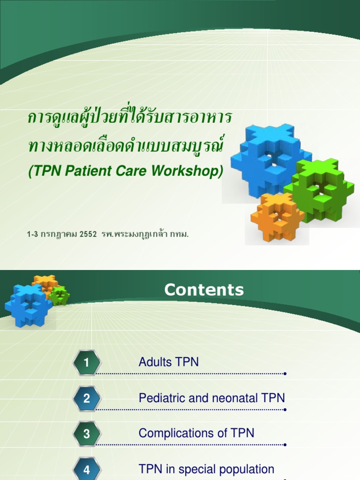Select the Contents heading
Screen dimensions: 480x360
tap(204, 290)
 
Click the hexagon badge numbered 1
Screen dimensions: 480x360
tap(87, 362)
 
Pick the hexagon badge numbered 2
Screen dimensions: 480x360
tap(87, 398)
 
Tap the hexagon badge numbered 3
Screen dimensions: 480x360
tap(87, 434)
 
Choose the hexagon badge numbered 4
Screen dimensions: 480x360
tap(87, 469)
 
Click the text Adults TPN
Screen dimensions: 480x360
tap(169, 362)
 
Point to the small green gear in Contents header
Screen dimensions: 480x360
tap(60, 296)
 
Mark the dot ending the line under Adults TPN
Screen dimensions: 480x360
tap(285, 374)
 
